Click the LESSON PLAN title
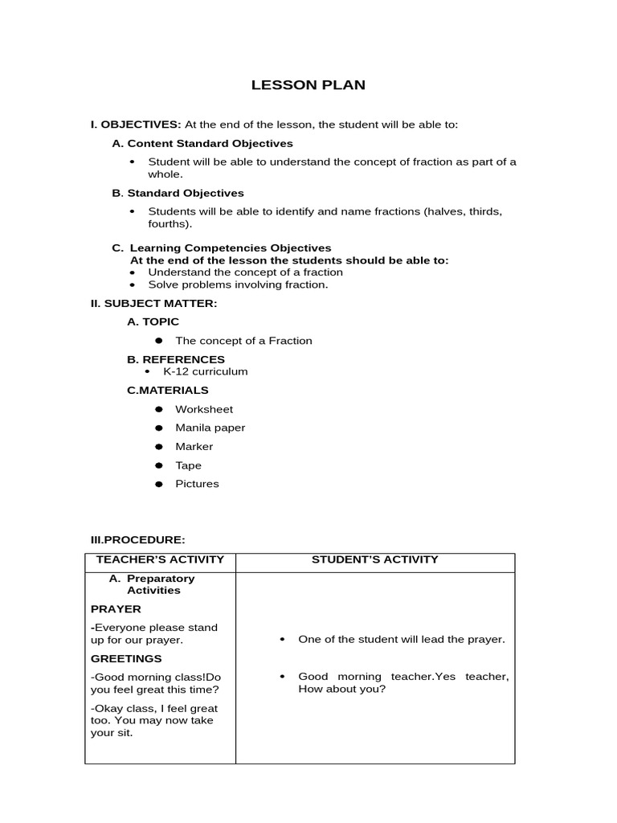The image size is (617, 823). [308, 85]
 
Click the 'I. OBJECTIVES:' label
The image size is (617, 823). [136, 125]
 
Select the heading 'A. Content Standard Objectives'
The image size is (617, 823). [202, 143]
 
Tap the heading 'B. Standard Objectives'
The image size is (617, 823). [178, 193]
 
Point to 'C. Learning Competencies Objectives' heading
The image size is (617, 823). [221, 248]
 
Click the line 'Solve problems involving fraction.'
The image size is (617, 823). [238, 285]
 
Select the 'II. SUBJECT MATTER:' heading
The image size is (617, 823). [153, 303]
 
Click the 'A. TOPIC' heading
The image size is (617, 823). [153, 321]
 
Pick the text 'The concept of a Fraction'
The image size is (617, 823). [243, 341]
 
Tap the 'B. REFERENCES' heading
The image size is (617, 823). [176, 359]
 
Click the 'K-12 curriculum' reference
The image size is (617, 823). [206, 371]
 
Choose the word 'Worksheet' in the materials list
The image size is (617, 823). [204, 409]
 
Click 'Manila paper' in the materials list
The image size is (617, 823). [210, 428]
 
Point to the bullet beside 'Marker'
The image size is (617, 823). [159, 447]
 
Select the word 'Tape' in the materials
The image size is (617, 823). [189, 465]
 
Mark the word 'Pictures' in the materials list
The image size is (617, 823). [197, 484]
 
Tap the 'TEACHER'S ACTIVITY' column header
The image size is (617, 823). [160, 559]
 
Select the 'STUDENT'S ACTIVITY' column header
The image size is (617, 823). [375, 559]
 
